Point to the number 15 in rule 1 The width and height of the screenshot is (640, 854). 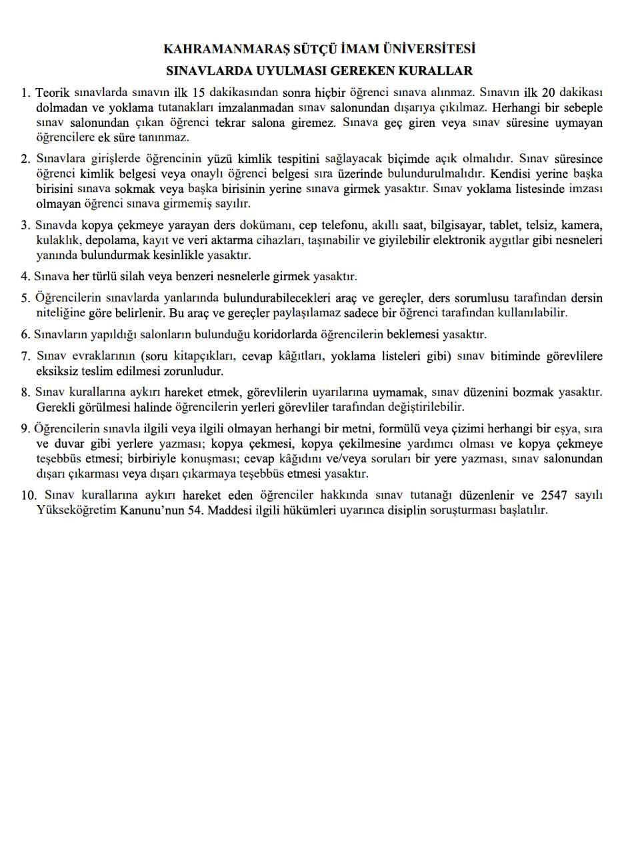[x=197, y=93]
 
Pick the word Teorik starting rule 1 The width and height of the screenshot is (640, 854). [x=52, y=93]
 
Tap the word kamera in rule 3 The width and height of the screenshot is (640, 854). [x=582, y=225]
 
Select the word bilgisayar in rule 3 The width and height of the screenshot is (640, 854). [x=459, y=225]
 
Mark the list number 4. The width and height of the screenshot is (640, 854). [x=25, y=276]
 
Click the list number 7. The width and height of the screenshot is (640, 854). [x=25, y=356]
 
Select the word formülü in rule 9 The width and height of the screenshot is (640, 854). [x=399, y=428]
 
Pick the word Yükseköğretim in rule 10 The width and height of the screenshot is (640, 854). [x=76, y=510]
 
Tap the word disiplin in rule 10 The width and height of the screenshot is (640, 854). [x=407, y=510]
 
